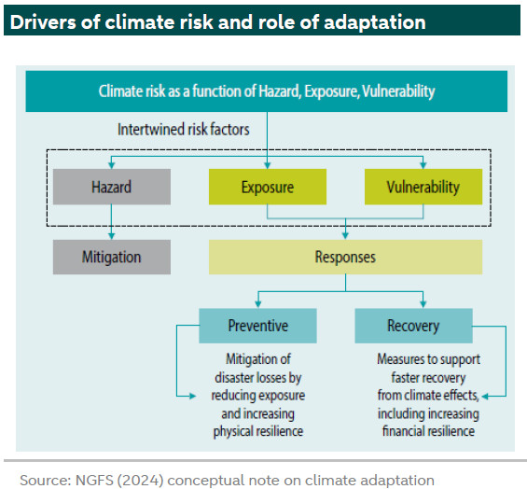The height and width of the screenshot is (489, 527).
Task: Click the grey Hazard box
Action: click(x=112, y=187)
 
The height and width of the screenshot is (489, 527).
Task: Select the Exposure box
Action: click(x=268, y=187)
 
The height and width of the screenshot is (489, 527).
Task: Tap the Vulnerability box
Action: click(x=423, y=187)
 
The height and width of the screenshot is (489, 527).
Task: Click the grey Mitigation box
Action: click(x=112, y=257)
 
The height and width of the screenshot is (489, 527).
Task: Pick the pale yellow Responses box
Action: click(x=345, y=257)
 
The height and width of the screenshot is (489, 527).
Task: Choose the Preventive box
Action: click(x=257, y=326)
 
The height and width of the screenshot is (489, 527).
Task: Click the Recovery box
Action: click(x=414, y=326)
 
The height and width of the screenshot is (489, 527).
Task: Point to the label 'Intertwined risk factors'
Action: click(x=184, y=130)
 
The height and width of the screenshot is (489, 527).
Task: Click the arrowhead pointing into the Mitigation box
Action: click(x=112, y=236)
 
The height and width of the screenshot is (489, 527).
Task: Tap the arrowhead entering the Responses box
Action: click(x=345, y=236)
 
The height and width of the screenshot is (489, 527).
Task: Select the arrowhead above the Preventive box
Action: click(x=257, y=304)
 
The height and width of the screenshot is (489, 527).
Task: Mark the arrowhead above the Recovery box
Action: click(x=423, y=304)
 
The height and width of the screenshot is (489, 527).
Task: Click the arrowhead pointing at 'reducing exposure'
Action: click(x=192, y=396)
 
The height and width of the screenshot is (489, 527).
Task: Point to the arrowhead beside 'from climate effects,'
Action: click(x=485, y=397)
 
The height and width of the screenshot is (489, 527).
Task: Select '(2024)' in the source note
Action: click(x=140, y=481)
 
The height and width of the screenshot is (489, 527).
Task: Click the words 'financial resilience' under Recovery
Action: click(x=428, y=431)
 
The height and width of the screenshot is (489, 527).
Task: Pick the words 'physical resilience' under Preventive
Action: click(x=258, y=431)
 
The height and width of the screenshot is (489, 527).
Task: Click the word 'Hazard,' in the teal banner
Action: click(x=279, y=91)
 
